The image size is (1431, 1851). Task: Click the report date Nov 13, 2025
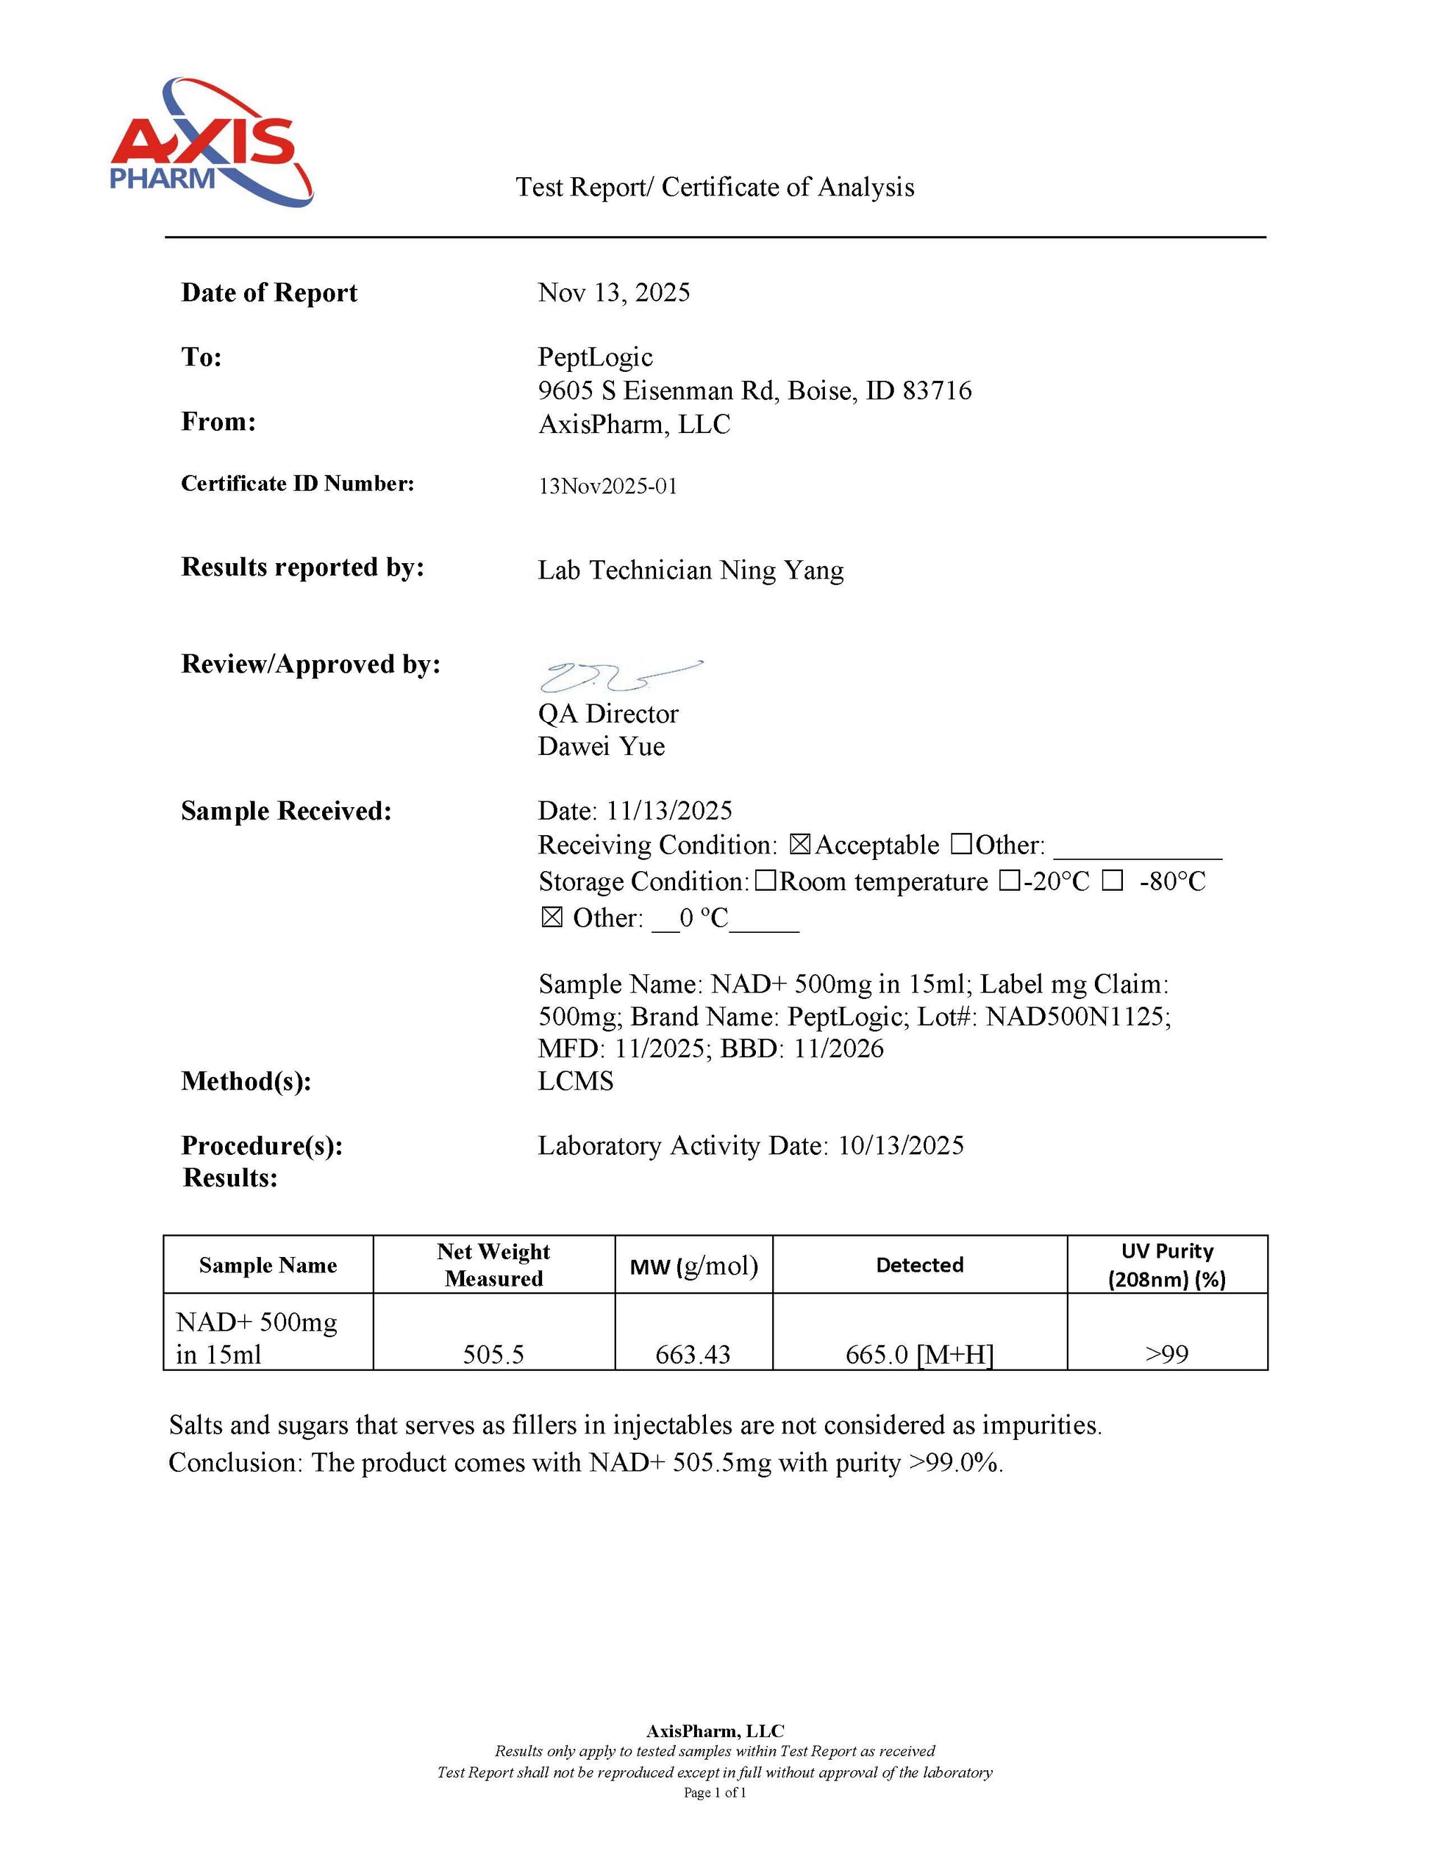click(614, 293)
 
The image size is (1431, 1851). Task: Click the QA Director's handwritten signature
click(619, 676)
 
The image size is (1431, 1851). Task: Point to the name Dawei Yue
click(601, 747)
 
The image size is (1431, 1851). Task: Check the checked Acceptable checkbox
click(799, 844)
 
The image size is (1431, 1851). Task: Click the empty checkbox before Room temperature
click(765, 881)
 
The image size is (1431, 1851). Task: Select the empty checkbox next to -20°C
click(1009, 881)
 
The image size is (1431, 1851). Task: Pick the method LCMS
click(576, 1081)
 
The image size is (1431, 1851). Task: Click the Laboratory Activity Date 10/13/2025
click(900, 1146)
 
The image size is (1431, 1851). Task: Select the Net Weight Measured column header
click(493, 1264)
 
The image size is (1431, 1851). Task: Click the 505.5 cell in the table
click(493, 1354)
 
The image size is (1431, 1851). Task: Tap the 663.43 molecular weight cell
click(693, 1354)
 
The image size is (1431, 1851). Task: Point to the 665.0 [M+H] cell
click(919, 1354)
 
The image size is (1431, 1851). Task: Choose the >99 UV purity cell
click(1166, 1354)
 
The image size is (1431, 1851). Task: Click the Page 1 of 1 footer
click(715, 1792)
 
